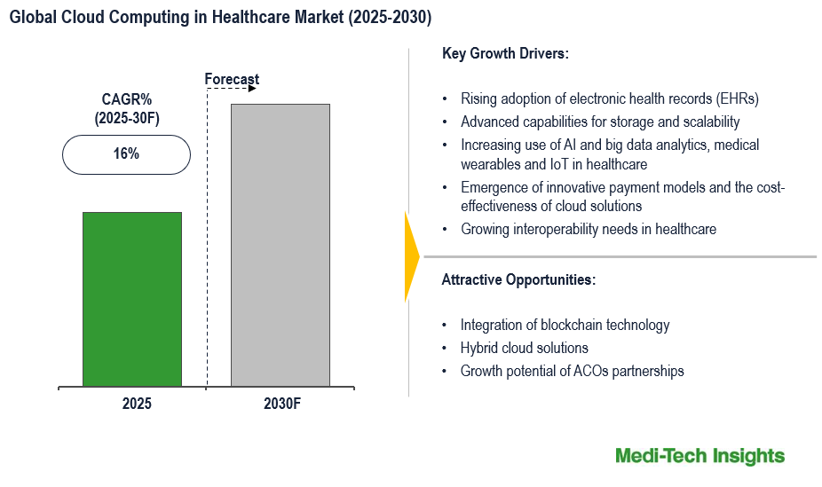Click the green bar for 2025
[x=131, y=299]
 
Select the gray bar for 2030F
[x=281, y=245]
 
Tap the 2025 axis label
[x=137, y=404]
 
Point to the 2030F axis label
[x=282, y=404]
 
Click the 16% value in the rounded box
[x=126, y=153]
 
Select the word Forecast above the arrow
[x=232, y=79]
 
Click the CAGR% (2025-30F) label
[x=127, y=107]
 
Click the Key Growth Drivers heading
[x=505, y=53]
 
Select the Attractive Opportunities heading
[x=518, y=279]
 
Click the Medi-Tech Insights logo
[x=699, y=456]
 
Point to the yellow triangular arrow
[x=411, y=257]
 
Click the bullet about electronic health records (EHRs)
[x=609, y=98]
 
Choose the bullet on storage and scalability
[x=599, y=122]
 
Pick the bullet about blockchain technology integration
[x=565, y=325]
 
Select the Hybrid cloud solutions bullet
[x=524, y=348]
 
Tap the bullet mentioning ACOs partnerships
[x=572, y=371]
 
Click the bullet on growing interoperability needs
[x=588, y=229]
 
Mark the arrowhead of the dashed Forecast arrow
[x=253, y=89]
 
